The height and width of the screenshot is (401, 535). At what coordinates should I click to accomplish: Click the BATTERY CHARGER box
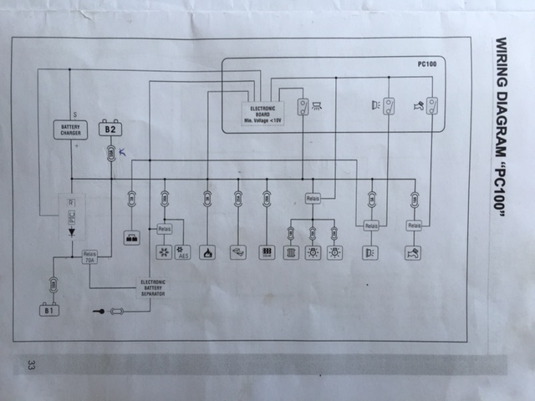[x=70, y=129]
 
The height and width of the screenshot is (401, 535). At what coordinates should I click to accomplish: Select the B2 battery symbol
[x=110, y=129]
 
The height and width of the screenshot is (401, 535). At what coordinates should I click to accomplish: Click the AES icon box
[x=184, y=251]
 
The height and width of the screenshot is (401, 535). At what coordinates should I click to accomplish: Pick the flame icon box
[x=207, y=251]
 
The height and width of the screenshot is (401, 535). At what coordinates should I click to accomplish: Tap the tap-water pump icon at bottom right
[x=414, y=251]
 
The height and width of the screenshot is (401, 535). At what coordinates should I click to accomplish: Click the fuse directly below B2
[x=110, y=153]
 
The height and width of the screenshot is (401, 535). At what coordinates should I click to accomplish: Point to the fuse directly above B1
[x=53, y=285]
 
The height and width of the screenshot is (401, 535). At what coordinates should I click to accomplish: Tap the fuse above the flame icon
[x=207, y=199]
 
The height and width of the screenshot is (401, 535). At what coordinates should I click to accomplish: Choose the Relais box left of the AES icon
[x=164, y=227]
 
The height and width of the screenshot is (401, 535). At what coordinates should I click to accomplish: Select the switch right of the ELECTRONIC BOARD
[x=302, y=106]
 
